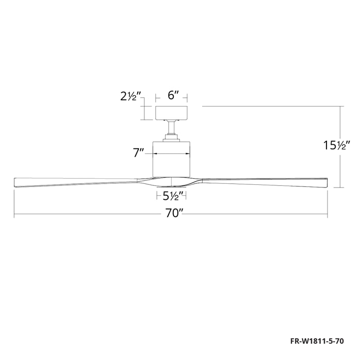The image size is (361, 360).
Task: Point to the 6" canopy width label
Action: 172,95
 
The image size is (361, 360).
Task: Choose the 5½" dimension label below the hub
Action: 171,196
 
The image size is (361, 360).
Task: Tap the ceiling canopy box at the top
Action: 171,112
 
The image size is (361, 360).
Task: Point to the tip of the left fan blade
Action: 15,181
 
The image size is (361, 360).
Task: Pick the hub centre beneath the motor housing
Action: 171,181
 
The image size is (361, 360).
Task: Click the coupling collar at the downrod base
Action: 171,137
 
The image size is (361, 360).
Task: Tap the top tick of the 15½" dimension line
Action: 341,106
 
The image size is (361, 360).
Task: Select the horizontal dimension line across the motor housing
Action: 171,153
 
